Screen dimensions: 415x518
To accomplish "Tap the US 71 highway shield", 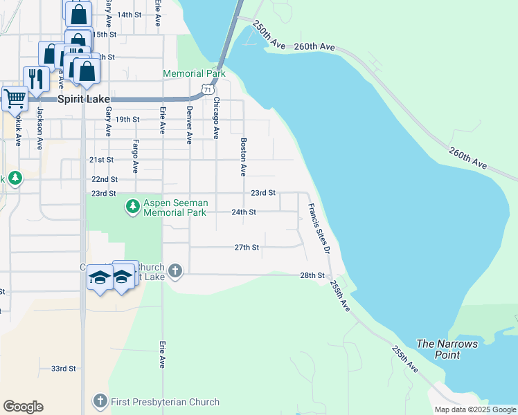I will pos(207,89).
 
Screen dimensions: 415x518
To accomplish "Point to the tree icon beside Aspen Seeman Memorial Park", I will pos(132,205).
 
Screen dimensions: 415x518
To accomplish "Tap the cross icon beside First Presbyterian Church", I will pos(100,401).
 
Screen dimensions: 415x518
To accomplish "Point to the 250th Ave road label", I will pos(269,35).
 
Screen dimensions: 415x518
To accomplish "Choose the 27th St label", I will pos(247,247).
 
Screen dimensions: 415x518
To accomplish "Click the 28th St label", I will pos(312,275).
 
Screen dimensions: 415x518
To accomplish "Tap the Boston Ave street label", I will pos(243,156).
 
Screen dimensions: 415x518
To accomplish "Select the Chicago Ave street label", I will pos(216,118).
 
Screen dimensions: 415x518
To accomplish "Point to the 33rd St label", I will pos(63,369).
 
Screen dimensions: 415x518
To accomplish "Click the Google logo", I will pos(23,407).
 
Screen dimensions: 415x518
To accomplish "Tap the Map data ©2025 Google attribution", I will pos(474,409).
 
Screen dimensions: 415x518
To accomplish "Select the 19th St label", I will pos(127,119).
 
